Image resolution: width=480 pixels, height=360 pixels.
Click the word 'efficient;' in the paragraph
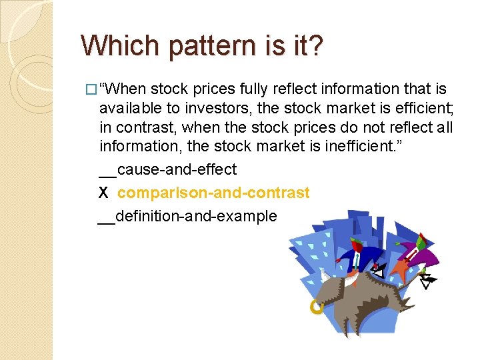[421, 109]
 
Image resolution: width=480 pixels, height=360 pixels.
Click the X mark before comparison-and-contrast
[103, 193]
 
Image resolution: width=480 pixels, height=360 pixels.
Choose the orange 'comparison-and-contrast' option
[213, 193]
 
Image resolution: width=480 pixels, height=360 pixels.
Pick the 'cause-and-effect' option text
[177, 170]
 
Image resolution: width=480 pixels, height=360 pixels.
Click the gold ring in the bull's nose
[317, 307]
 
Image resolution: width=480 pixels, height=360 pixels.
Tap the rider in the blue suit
[359, 257]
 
